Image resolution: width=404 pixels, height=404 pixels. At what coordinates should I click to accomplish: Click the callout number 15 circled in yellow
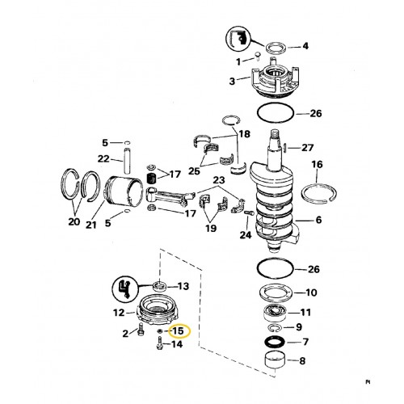[x=178, y=330]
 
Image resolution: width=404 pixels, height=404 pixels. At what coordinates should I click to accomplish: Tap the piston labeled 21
[x=124, y=191]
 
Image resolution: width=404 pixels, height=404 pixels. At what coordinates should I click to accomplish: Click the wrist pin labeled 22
[x=127, y=161]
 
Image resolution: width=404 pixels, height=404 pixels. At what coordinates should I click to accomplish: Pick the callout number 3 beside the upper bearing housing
[x=232, y=81]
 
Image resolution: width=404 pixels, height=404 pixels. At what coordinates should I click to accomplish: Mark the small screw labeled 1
[x=257, y=56]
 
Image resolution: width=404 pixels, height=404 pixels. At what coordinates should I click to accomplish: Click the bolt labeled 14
[x=160, y=344]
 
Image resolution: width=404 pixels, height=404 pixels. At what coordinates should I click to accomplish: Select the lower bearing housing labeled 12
[x=158, y=311]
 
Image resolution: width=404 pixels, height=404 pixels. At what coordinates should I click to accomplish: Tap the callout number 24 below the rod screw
[x=246, y=235]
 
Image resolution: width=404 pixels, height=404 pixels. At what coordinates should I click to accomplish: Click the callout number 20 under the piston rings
[x=74, y=221]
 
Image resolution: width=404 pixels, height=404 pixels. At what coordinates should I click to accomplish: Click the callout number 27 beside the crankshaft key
[x=308, y=148]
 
